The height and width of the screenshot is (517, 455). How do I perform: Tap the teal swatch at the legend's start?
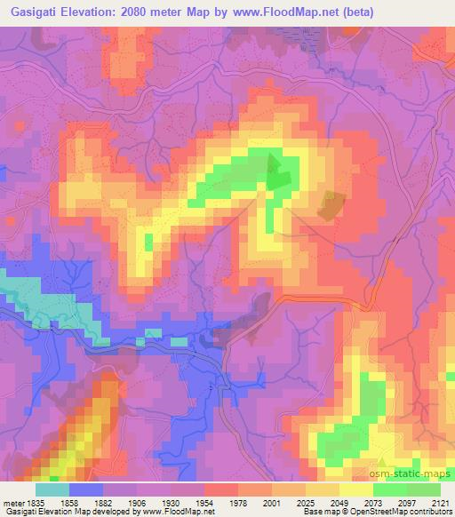52,489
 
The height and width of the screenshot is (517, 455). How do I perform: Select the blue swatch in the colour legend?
86,489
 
